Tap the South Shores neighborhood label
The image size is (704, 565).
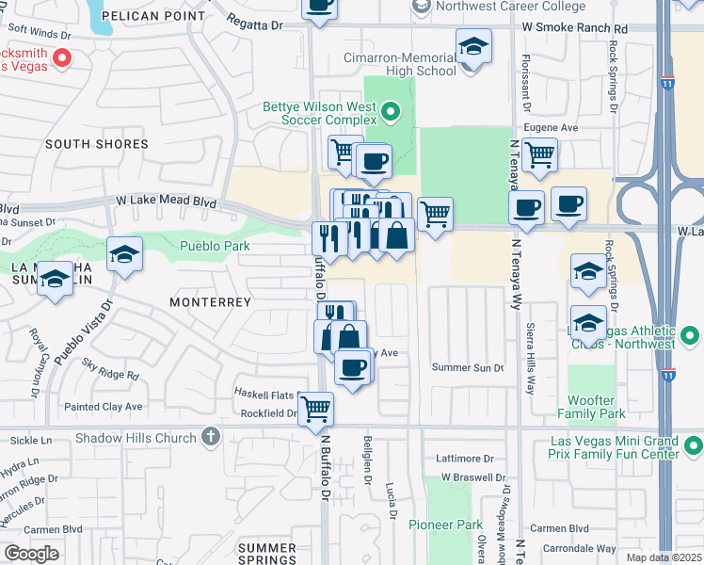click(97, 144)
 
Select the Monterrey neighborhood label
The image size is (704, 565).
click(210, 302)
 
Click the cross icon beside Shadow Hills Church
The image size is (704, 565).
click(210, 437)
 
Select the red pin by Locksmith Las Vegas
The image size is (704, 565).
click(62, 59)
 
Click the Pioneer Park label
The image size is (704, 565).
click(444, 524)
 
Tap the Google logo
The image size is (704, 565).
click(31, 554)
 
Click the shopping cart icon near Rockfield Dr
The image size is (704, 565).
click(315, 409)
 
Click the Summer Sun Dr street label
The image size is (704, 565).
click(468, 367)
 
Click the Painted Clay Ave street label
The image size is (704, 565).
click(103, 407)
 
